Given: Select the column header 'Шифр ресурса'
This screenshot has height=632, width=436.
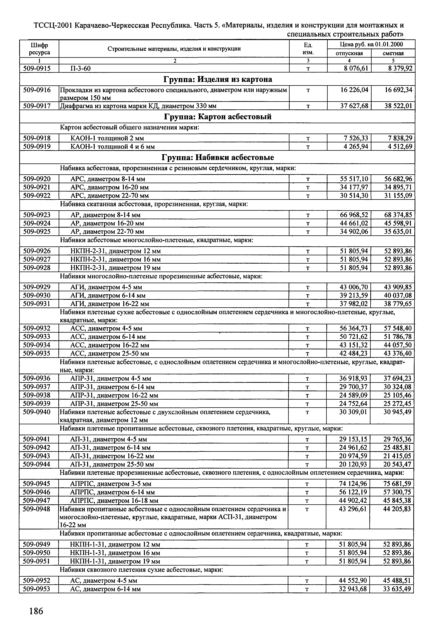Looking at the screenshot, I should pos(39,48).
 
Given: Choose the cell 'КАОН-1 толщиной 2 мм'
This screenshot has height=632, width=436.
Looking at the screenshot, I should pos(107,138).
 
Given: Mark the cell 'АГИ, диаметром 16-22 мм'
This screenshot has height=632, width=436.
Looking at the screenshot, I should pos(109,304).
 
